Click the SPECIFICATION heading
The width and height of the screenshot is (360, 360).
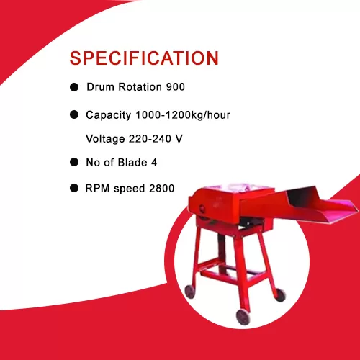tap(144, 58)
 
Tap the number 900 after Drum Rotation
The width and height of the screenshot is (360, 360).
tap(176, 87)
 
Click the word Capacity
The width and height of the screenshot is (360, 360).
tap(108, 115)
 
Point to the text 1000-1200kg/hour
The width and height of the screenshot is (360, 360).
tap(183, 115)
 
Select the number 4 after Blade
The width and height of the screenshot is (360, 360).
tap(154, 163)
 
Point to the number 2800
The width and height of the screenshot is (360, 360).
tap(161, 189)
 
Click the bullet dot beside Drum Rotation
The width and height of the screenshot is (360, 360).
tap(74, 87)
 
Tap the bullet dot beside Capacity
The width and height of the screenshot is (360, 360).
tap(74, 114)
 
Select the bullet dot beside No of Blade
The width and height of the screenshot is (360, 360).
tap(74, 162)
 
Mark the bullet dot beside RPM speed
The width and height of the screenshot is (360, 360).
tap(74, 188)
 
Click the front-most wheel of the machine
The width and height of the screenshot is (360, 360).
tap(243, 317)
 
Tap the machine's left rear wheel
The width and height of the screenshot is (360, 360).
tap(190, 292)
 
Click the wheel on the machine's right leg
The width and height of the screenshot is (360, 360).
tap(280, 295)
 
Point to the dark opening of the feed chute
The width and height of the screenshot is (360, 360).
tap(303, 197)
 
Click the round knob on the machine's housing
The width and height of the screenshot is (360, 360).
tap(202, 208)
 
